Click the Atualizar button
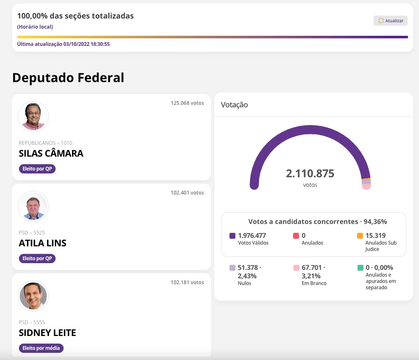pos(390,21)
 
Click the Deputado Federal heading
pos(68,78)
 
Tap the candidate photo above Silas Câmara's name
pos(33,116)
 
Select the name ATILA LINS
pos(43,243)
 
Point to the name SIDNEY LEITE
pos(47,333)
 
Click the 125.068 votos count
pos(187,103)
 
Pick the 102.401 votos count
pos(187,193)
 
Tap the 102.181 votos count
pos(187,283)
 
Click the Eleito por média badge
pos(41,348)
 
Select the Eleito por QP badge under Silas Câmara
pos(37,169)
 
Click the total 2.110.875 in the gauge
pos(310,173)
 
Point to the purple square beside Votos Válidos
pos(232,236)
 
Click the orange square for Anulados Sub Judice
pos(360,236)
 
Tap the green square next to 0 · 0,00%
pos(360,268)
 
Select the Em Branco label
pos(314,283)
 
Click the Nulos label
pos(244,283)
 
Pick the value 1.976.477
pos(252,236)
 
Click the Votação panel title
pos(234,105)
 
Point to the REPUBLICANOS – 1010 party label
pos(45,143)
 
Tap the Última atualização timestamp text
pos(63,44)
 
